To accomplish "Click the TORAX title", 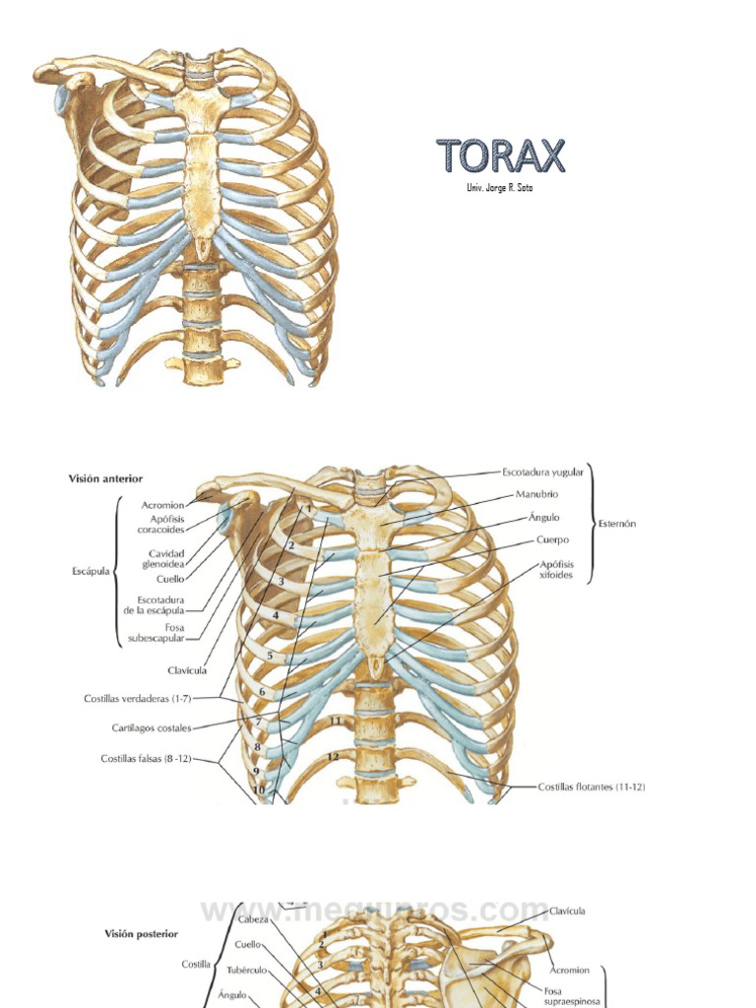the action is coord(501,156).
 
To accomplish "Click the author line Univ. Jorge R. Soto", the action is coord(500,188).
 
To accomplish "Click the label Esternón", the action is coord(616,524).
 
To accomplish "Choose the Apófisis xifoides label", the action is coord(556,569).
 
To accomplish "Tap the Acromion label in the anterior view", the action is coord(162,505).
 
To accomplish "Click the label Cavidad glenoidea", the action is coord(166,558).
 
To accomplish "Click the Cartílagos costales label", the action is coord(152,728).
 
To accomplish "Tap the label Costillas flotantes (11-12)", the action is coord(592,787).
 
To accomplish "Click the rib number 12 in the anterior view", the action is coord(334,756).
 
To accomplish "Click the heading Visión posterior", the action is coord(141,933).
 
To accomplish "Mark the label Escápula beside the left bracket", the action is coord(90,570).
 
